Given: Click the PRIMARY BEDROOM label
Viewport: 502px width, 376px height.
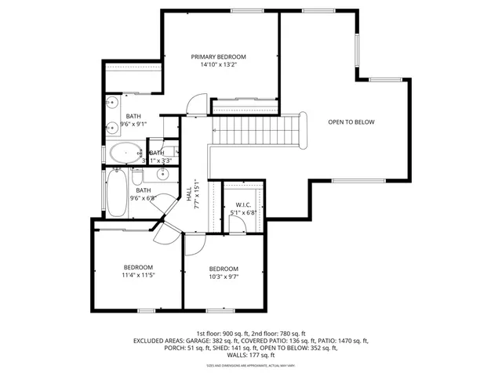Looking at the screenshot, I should coord(220,57).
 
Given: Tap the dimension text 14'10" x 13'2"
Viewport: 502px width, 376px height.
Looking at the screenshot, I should coord(220,66).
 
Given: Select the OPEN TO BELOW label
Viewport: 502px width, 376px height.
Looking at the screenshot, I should coord(351,122).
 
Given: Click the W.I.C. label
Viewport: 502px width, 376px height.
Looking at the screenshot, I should coord(243,204).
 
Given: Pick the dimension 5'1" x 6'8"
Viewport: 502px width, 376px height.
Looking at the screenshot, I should coord(243,212).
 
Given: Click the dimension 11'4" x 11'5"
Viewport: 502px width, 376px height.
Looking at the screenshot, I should coord(137,275).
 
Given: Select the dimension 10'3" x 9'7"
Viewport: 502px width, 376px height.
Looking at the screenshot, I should coord(224,277).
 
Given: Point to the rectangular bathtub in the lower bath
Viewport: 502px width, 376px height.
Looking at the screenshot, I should coord(117,193).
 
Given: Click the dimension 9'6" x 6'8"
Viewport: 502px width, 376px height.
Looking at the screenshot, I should coord(142,198).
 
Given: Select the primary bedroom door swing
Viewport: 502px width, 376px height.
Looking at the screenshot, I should coord(196,104).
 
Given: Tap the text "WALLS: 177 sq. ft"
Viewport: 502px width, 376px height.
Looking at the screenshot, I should coord(251,356).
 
